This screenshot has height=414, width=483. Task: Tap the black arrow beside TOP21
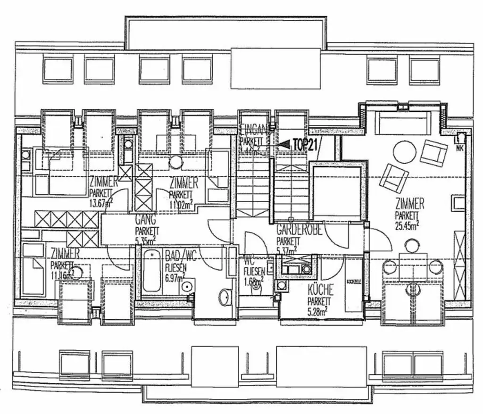(x=284, y=146)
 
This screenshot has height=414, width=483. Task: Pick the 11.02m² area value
(x=182, y=205)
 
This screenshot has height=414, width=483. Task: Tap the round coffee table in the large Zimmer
(x=405, y=152)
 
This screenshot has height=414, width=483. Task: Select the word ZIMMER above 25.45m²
(x=410, y=204)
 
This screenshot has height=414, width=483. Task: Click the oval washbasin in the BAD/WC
(x=225, y=297)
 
